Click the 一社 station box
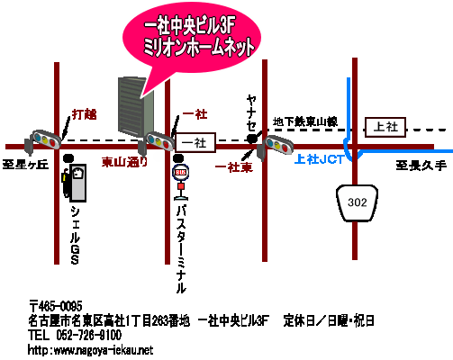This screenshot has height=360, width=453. coord(195,142)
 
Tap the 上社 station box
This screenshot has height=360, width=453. coord(385,128)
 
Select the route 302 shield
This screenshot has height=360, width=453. coord(357,203)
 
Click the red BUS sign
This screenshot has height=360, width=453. coord(180,172)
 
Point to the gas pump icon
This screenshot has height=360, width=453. coord(75,183)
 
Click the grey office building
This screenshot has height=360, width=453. coord(136,106)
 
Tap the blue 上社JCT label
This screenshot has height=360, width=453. coord(319,159)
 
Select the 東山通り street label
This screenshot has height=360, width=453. coord(124,162)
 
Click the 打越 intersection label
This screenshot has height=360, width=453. coord(85,114)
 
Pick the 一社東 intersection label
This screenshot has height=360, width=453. coord(234,167)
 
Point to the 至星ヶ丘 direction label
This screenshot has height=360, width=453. coord(25,165)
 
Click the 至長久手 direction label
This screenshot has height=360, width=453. coord(421,166)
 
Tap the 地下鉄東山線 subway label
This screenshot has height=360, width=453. coord(305,121)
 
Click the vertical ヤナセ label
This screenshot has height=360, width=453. coord(251,112)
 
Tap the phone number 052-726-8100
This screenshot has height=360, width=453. coord(89,335)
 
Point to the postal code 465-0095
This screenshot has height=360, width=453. coord(56,307)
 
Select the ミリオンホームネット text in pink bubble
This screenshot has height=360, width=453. coord(198,48)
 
